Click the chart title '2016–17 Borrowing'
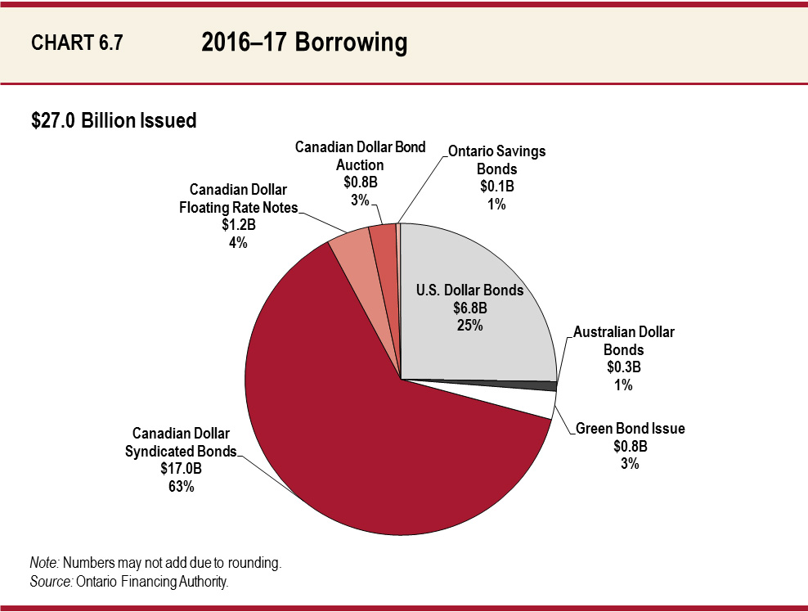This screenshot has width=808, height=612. (x=304, y=43)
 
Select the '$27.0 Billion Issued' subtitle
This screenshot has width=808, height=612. (x=114, y=121)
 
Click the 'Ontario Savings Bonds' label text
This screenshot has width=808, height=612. (x=496, y=160)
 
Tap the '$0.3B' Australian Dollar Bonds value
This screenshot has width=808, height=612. (x=623, y=367)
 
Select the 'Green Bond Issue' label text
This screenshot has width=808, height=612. (x=631, y=429)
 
